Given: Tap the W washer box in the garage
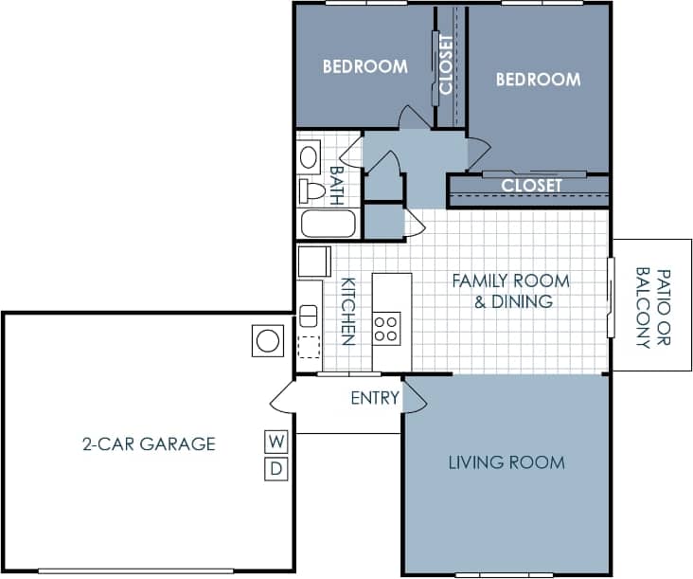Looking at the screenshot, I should coord(275,441).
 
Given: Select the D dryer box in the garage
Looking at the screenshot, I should coord(275,468).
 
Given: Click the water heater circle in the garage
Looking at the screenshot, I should coord(268,340).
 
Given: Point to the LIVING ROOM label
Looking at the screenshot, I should coord(506,462).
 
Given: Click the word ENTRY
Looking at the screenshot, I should coord(375,398).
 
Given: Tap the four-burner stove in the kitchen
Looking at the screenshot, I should coord(386,328).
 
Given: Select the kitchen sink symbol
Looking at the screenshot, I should coord(308,316).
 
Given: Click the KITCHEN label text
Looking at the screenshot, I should coord(347,311).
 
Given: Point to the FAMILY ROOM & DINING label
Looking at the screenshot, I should coord(510,291).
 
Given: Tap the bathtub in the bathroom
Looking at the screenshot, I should coord(328,226).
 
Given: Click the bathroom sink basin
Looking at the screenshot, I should coord(310,156).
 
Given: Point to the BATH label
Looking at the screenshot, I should coord(336,184).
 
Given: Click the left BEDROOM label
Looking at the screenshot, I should coord(364,67).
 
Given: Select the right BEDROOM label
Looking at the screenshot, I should coord(538,81).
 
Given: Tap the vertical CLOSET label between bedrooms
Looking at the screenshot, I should coord(447,64).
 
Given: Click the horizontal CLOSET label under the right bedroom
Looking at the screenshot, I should coord(531,186).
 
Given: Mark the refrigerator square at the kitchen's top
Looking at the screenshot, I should coord(313,261).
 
